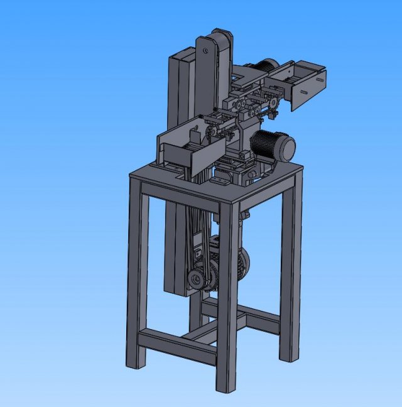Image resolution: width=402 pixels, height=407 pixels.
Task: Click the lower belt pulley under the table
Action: click(x=200, y=278)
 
